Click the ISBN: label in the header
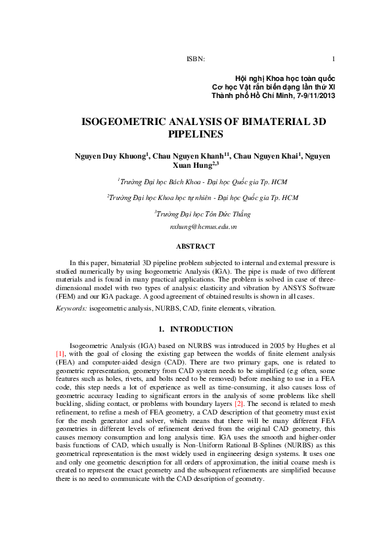pos(196,59)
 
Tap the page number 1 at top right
pos(334,59)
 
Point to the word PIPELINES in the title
pos(196,134)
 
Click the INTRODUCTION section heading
pos(201,329)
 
